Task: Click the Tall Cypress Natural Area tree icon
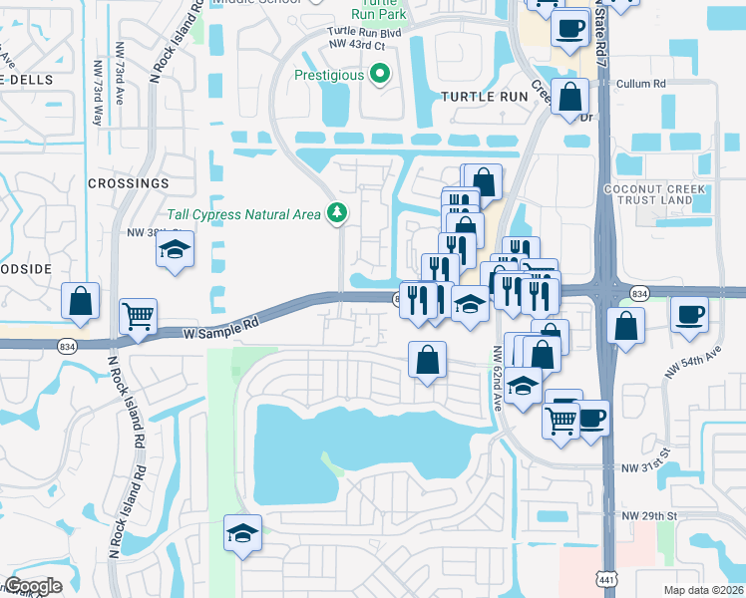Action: click(x=338, y=213)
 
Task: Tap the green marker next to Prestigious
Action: click(x=379, y=75)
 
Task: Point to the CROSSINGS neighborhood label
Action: click(x=129, y=184)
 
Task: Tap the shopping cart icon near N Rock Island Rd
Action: click(x=139, y=316)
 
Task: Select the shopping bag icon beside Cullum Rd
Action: click(x=570, y=98)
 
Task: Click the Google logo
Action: click(x=33, y=586)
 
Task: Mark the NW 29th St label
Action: click(x=649, y=516)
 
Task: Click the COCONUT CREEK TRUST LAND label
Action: click(x=655, y=195)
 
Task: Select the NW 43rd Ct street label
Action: click(x=357, y=45)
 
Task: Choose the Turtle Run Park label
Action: click(x=376, y=12)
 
